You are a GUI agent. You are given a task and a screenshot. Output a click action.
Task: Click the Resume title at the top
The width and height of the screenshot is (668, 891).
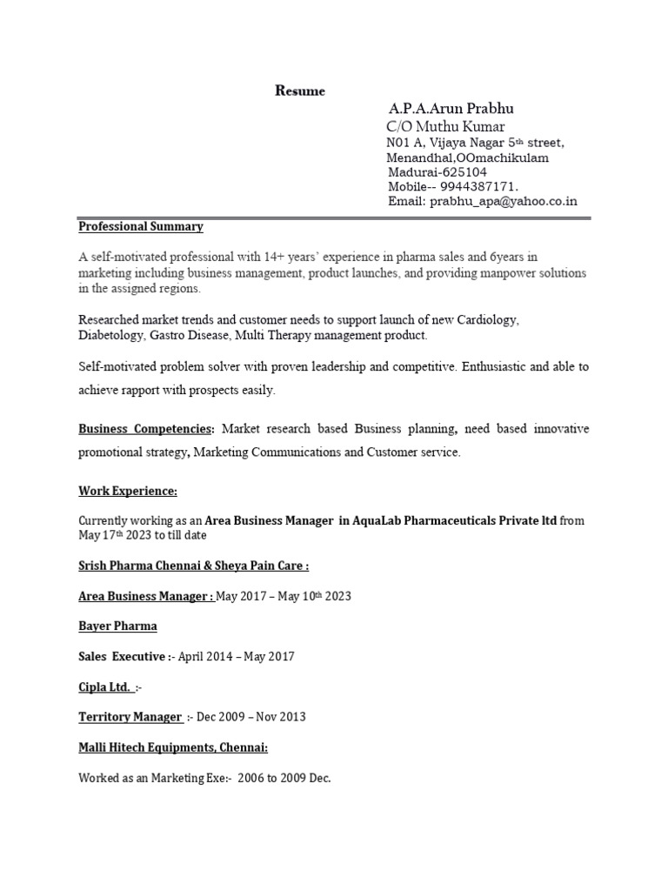300,90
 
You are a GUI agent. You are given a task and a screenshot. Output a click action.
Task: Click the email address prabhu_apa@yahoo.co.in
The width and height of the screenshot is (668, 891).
502,202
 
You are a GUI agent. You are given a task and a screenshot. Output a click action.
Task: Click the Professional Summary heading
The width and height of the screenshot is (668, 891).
141,226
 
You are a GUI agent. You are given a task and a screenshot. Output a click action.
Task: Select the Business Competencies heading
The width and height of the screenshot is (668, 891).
145,429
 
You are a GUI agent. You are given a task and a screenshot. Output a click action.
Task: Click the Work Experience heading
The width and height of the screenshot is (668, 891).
128,492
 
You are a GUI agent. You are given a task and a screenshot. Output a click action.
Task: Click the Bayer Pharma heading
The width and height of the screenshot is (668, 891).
117,626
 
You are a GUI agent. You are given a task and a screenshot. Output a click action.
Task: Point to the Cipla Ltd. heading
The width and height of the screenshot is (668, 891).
105,687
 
